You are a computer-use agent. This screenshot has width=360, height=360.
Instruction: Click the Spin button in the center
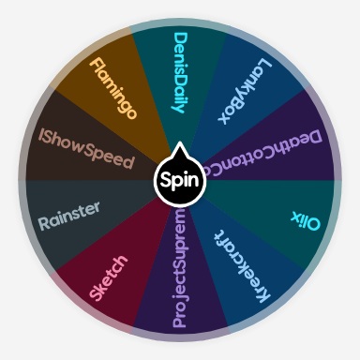pos(179,179)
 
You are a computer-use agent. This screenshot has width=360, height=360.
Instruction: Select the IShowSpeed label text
pos(87,148)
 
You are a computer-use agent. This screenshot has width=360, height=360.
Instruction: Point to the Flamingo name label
pos(112,89)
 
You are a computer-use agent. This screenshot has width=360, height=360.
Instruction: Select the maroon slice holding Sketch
pos(89,281)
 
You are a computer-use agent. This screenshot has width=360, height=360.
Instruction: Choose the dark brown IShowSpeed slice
pos(56,164)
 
